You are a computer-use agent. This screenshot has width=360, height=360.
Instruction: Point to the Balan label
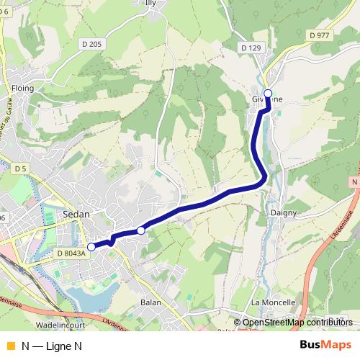click(150, 302)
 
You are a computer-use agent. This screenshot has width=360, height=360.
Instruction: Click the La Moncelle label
click(274, 302)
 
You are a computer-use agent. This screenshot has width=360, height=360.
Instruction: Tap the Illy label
click(150, 3)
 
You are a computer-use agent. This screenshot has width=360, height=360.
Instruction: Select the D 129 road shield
click(251, 48)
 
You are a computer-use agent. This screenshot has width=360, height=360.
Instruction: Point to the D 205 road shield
click(92, 44)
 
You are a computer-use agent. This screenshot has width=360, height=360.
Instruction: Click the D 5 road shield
click(20, 168)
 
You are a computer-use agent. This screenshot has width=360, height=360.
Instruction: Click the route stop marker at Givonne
click(268, 93)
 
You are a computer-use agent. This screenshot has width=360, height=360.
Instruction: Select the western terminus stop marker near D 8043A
click(91, 247)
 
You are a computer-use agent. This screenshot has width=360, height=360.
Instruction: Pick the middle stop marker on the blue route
click(141, 230)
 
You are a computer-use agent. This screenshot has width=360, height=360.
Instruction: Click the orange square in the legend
click(10, 346)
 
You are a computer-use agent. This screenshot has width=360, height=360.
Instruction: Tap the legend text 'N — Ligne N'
click(52, 346)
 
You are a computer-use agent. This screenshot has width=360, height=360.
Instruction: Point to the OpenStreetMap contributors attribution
click(297, 323)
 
